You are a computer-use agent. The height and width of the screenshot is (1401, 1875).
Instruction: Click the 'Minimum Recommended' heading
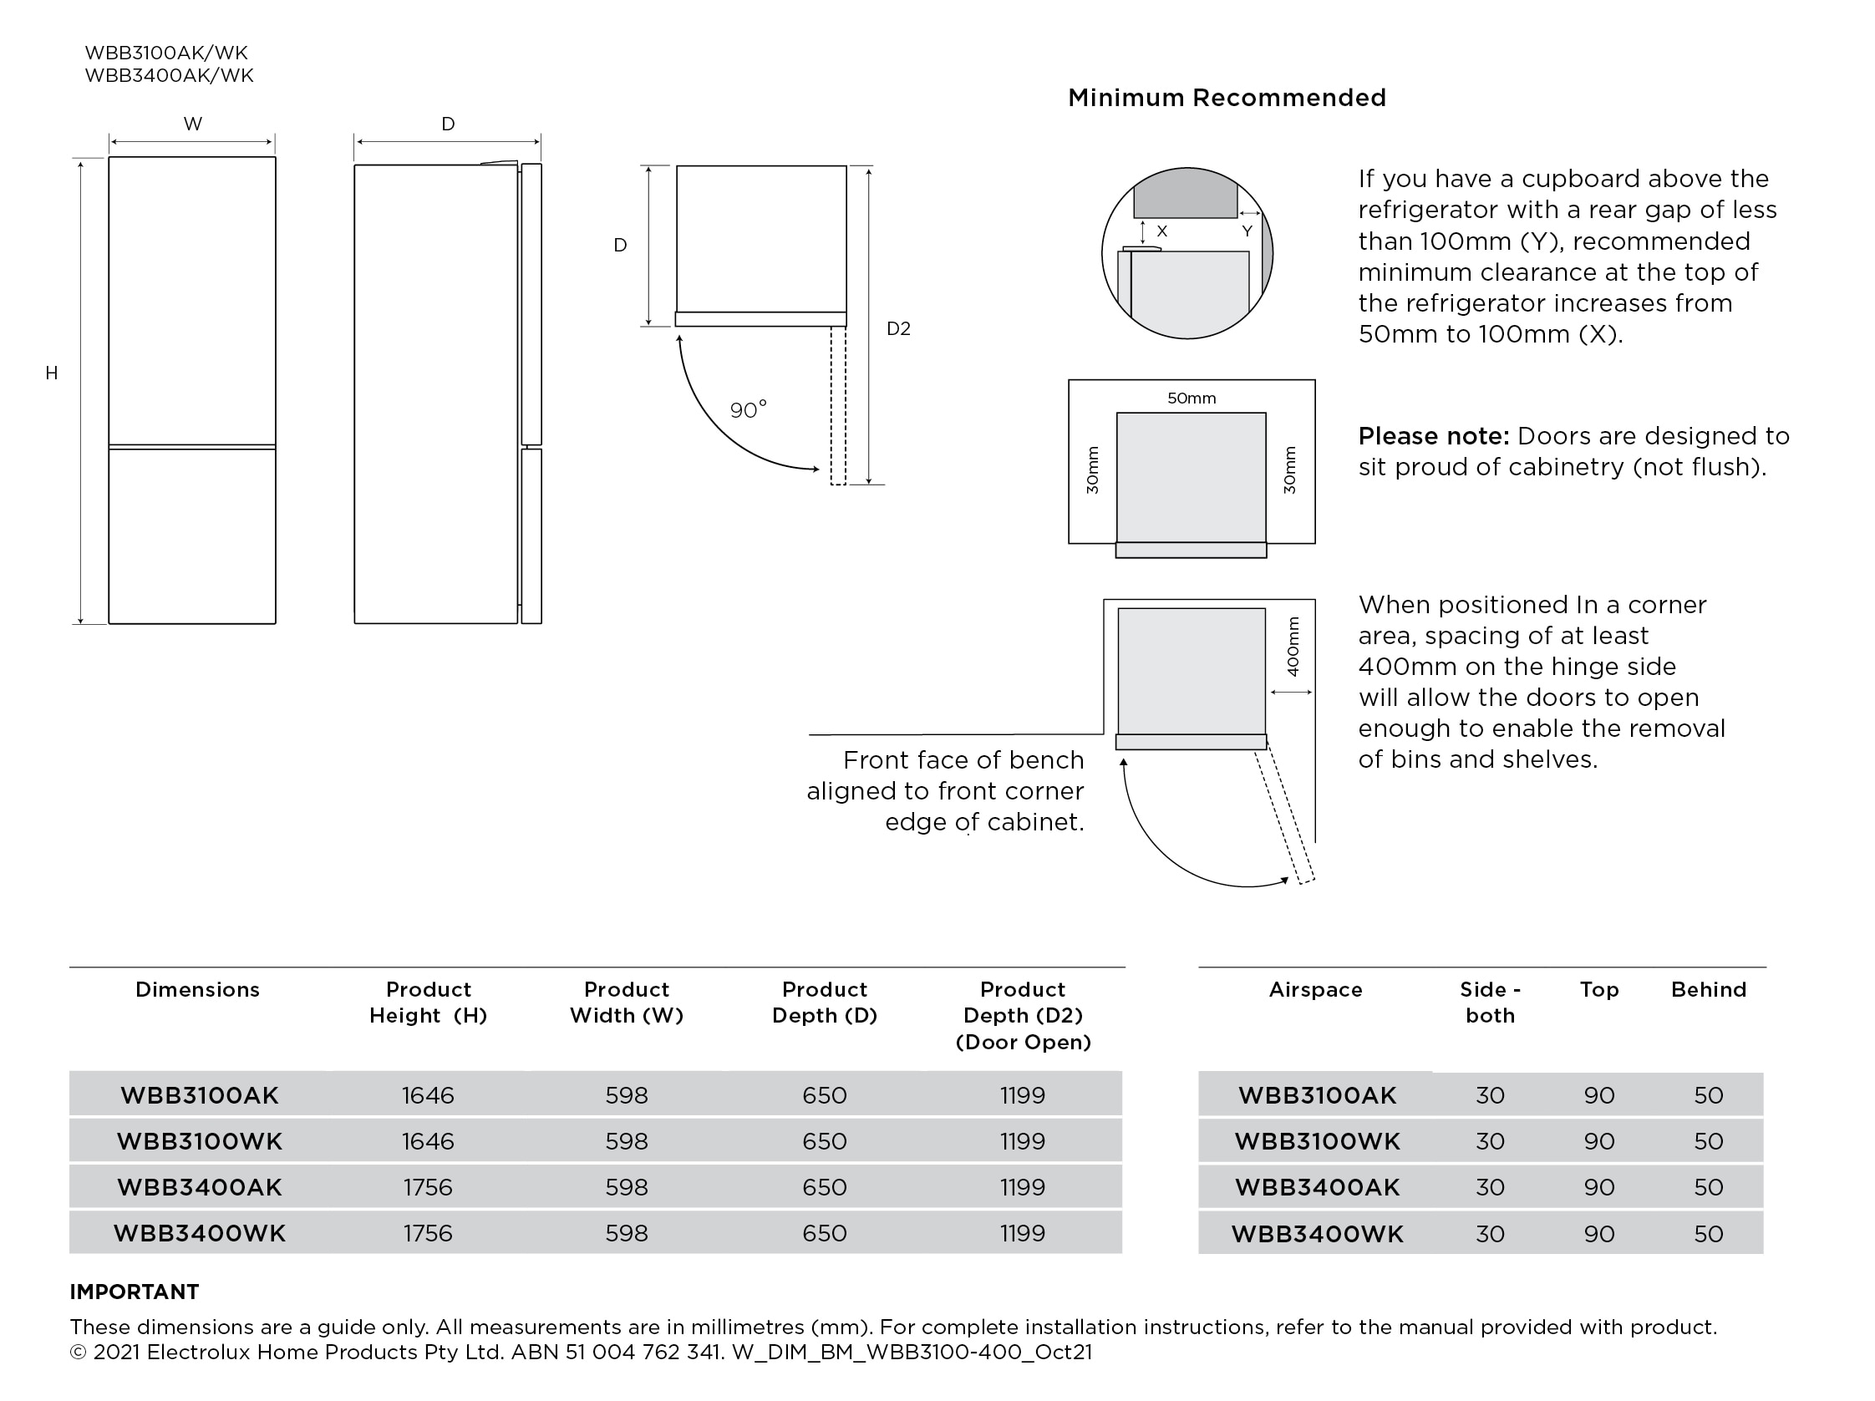1226,99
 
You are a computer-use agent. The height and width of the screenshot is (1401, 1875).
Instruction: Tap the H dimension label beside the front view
52,373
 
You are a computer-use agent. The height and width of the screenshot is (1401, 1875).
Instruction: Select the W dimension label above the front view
192,124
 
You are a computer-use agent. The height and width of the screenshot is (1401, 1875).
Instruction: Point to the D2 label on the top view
897,329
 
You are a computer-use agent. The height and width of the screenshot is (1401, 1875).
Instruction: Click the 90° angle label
748,410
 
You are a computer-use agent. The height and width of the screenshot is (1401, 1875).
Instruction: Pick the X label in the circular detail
1161,231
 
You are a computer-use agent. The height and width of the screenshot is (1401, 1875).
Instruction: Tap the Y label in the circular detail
1246,231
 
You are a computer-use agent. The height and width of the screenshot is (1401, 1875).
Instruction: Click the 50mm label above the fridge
1191,398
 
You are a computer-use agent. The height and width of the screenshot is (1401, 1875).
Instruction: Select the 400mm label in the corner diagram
1292,647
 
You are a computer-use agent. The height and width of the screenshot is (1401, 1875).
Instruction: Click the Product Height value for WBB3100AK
428,1095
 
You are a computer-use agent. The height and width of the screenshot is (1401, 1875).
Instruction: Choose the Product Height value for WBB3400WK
428,1233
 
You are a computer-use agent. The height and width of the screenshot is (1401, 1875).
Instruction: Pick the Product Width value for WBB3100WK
627,1142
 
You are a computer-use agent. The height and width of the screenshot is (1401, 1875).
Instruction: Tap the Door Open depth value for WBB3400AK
1022,1187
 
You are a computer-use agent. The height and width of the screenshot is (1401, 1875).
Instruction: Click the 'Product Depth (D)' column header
824,1003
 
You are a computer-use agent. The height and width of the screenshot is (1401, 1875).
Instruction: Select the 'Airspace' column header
1314,990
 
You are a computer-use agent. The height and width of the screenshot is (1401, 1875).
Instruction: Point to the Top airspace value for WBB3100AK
1598,1095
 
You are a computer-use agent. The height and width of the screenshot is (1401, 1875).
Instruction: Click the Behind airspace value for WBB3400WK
1708,1233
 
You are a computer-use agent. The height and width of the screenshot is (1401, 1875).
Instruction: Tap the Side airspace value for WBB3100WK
1489,1142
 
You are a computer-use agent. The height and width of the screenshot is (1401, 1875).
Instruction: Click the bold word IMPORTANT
134,1292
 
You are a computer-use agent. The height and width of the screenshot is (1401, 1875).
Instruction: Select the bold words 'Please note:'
1433,436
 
